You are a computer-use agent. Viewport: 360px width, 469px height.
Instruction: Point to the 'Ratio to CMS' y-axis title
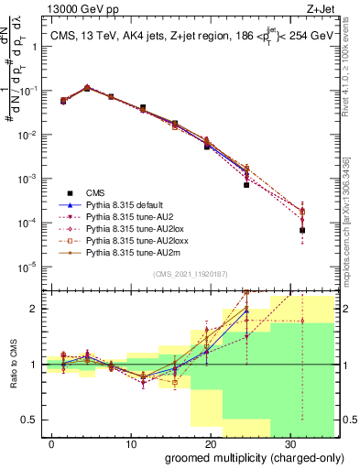click(x=12, y=365)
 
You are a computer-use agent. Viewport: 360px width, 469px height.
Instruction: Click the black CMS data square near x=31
click(x=302, y=230)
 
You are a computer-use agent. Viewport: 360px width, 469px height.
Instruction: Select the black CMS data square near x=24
click(x=246, y=185)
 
